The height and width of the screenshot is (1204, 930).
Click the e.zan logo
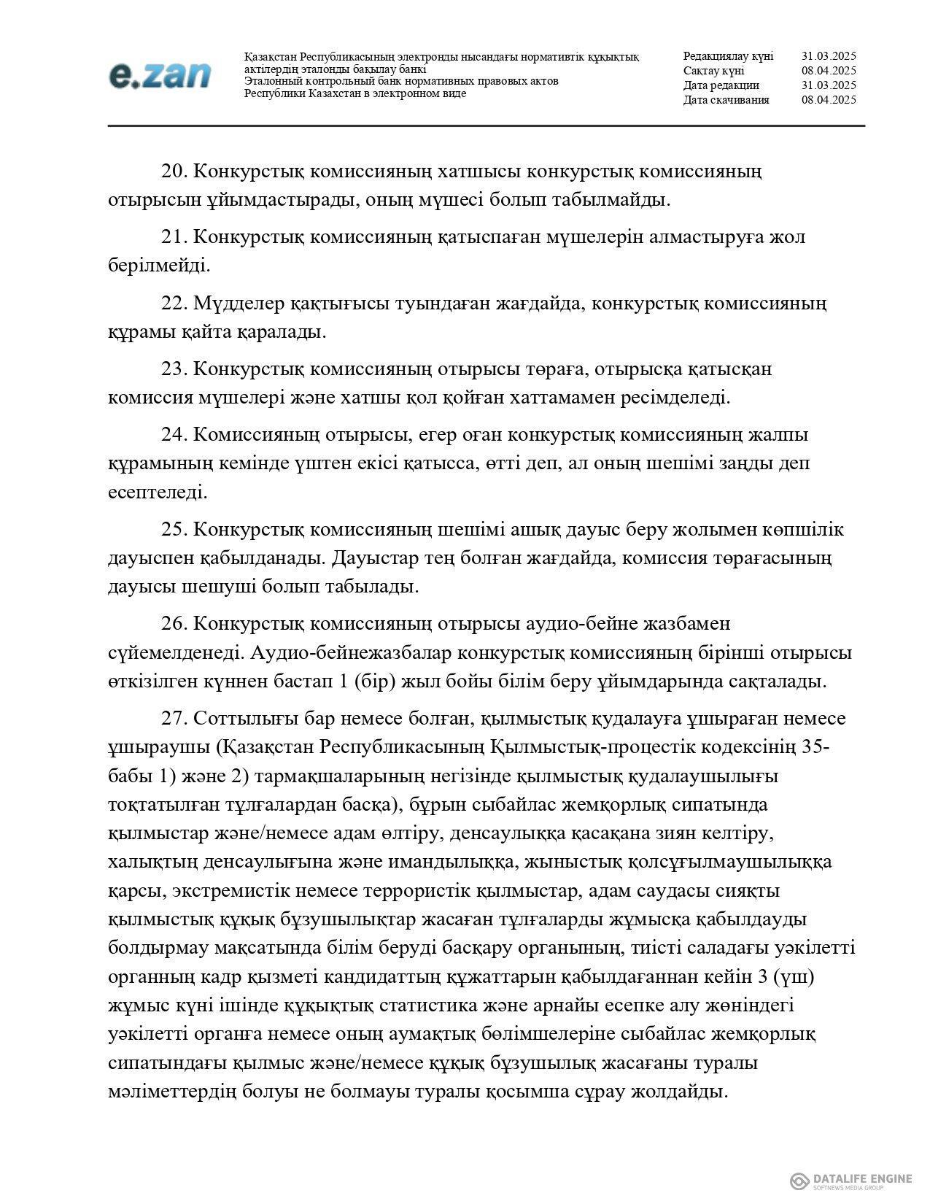point(159,75)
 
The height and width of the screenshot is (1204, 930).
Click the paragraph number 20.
point(174,171)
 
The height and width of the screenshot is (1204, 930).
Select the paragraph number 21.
point(174,237)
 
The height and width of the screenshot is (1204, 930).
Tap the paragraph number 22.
point(174,303)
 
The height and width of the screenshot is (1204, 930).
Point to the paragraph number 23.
point(174,369)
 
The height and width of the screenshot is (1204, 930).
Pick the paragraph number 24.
point(174,435)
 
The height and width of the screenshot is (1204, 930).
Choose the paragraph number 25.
point(174,530)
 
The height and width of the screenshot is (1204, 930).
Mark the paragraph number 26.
point(174,625)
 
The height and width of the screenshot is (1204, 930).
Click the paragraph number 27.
point(174,719)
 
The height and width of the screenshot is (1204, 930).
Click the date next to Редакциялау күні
point(828,56)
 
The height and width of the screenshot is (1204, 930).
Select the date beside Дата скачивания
point(828,100)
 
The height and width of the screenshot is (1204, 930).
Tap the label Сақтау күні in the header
point(713,71)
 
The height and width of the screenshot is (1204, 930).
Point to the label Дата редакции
point(721,85)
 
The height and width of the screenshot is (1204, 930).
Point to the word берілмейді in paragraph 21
point(158,266)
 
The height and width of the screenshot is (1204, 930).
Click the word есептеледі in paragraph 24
point(156,493)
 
